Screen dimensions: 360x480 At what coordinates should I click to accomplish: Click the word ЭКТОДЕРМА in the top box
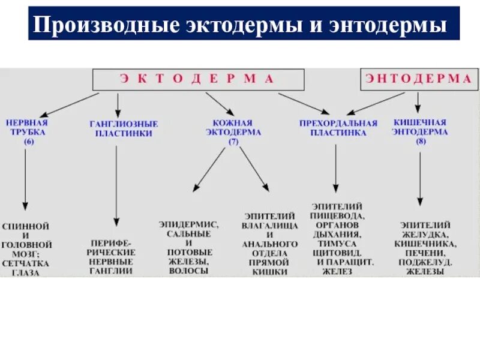coord(197,79)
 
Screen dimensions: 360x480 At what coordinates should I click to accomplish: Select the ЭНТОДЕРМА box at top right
coord(418,79)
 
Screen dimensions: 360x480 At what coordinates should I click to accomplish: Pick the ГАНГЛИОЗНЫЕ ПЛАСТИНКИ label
coord(124,128)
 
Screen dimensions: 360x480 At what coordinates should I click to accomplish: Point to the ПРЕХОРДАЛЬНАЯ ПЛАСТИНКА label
coord(338,128)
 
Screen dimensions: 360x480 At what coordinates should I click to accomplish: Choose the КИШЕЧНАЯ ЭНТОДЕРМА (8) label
coord(420,131)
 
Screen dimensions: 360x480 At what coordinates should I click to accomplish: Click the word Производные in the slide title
coord(104,25)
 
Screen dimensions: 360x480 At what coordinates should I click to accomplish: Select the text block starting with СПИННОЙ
coord(26,249)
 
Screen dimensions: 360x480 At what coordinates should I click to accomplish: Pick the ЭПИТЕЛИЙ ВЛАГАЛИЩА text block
coord(270,243)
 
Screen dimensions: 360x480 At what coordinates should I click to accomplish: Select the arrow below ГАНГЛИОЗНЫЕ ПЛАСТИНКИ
coord(117,185)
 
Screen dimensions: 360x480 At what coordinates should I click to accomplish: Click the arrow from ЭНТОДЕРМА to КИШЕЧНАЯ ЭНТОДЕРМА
coord(419,104)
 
